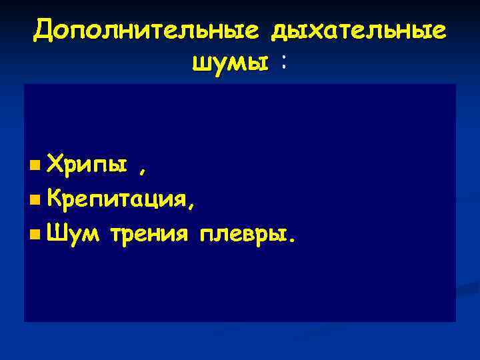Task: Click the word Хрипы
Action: point(87,164)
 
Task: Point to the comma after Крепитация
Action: point(192,205)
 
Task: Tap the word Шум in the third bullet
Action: point(72,233)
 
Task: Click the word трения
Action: point(149,233)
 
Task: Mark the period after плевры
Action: point(288,239)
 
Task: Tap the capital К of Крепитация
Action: point(57,199)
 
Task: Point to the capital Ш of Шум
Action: point(57,233)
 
